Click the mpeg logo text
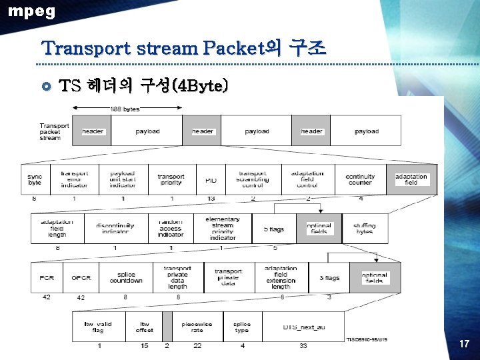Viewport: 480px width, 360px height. pyautogui.click(x=32, y=11)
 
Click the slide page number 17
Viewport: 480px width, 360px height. pyautogui.click(x=464, y=344)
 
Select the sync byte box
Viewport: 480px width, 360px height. pyautogui.click(x=35, y=179)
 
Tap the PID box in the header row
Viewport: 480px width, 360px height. pyautogui.click(x=211, y=180)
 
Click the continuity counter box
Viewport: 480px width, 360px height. pyautogui.click(x=360, y=179)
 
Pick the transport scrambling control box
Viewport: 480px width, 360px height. pyautogui.click(x=253, y=179)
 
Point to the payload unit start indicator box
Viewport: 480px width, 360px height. pyautogui.click(x=123, y=179)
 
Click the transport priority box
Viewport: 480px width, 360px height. pyautogui.click(x=171, y=179)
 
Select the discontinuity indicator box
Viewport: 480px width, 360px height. pyautogui.click(x=115, y=229)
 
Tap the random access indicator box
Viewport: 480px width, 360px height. pyautogui.click(x=171, y=229)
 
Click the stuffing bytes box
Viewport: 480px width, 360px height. pyautogui.click(x=365, y=229)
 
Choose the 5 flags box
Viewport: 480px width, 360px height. pyautogui.click(x=273, y=229)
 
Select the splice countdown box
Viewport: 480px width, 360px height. pyautogui.click(x=126, y=277)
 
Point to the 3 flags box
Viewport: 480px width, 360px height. pyautogui.click(x=329, y=277)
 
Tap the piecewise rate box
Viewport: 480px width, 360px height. pyautogui.click(x=197, y=327)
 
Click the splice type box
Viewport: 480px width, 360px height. pyautogui.click(x=242, y=327)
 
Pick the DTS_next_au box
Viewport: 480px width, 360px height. pyautogui.click(x=303, y=327)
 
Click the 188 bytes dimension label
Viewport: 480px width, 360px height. pyautogui.click(x=125, y=109)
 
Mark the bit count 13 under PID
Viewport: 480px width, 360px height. pyautogui.click(x=211, y=199)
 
